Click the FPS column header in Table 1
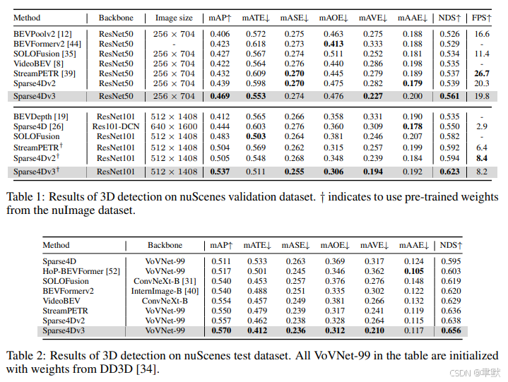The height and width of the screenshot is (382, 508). coord(481,18)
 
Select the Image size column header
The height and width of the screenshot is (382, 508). coord(174,18)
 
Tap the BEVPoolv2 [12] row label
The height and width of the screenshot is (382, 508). coord(42,34)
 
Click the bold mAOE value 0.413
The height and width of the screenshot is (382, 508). coord(333,44)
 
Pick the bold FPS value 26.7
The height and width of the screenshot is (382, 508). coord(481,73)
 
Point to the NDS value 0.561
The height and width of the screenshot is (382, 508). coord(449,96)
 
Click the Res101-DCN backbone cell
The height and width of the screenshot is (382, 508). coord(116,126)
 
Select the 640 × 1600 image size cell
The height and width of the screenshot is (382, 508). coord(174,126)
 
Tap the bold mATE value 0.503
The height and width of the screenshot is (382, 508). coord(256,136)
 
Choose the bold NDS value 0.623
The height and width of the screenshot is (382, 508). coord(449,172)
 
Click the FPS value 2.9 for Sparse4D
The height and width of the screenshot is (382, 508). coord(481,126)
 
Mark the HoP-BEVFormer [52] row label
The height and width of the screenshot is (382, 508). coord(81,271)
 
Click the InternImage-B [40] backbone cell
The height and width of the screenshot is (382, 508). coord(165,291)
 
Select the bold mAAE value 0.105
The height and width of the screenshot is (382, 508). coord(414,271)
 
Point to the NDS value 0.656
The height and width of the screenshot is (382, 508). coord(451,330)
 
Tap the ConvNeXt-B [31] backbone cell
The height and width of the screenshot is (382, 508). coord(165,281)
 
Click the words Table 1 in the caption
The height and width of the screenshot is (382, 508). coord(26,197)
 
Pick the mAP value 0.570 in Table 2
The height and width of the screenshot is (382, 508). coord(221,330)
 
